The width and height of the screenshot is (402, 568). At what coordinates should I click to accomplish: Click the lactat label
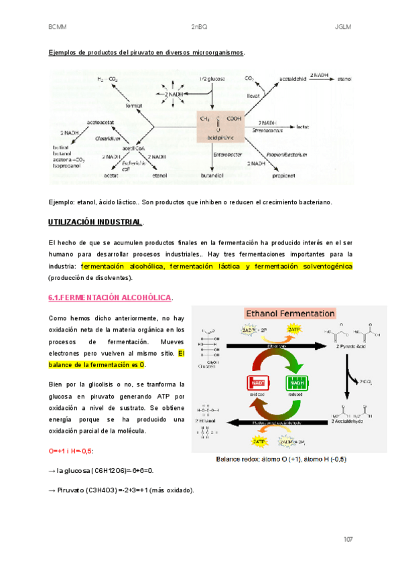click(x=302, y=125)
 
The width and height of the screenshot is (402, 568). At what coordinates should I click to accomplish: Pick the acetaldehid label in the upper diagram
click(x=293, y=78)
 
